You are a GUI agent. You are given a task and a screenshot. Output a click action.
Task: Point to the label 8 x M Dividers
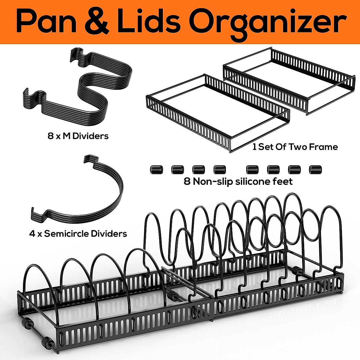78,136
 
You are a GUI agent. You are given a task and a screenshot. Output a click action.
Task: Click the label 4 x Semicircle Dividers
78,233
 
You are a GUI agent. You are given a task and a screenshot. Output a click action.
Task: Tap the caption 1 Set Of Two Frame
295,147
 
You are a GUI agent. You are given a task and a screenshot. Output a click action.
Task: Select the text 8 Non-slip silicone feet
238,181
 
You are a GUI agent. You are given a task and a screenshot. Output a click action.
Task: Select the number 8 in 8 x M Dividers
50,136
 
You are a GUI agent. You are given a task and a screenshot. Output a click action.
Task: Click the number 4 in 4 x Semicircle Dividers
32,233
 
